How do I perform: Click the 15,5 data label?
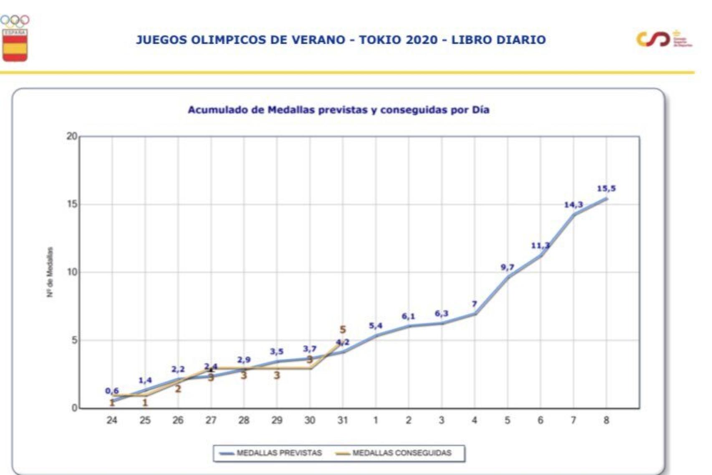click(606, 188)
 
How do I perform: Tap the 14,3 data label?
click(573, 205)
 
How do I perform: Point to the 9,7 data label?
click(507, 267)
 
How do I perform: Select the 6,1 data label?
click(408, 317)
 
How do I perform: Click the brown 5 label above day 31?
click(343, 329)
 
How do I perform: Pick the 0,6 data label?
click(111, 391)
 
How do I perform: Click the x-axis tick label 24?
click(111, 420)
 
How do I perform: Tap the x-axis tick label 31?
click(343, 420)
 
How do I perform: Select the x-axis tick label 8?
click(606, 420)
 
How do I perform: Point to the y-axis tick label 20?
click(72, 136)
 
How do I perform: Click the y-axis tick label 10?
click(72, 272)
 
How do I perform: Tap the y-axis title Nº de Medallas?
click(50, 272)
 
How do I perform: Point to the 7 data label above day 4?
click(474, 304)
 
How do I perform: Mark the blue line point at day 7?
click(573, 215)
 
